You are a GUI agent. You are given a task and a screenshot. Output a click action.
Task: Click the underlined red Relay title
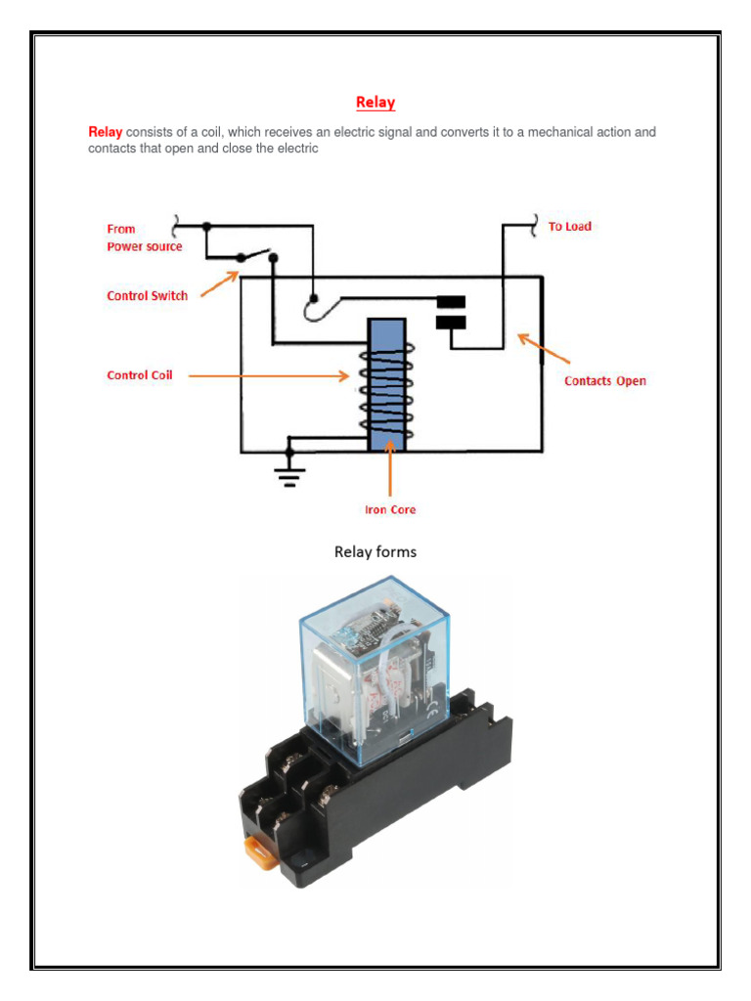[375, 102]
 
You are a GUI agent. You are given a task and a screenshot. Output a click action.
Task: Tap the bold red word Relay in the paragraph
[105, 132]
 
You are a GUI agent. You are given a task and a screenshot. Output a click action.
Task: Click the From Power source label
[144, 238]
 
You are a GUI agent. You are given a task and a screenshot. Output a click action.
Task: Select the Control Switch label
[147, 295]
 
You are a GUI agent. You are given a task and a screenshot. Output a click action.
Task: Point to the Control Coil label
[139, 374]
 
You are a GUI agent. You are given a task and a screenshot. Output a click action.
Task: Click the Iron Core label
[390, 509]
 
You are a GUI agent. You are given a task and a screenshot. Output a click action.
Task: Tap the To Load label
[569, 226]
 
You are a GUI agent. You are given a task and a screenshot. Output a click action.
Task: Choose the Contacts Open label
[605, 380]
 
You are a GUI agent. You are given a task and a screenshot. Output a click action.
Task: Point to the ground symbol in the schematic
[288, 475]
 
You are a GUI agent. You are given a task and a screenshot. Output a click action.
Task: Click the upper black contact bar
[450, 301]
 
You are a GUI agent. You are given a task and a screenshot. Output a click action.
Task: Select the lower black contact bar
[450, 322]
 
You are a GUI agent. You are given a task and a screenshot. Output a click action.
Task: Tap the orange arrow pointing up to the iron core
[390, 469]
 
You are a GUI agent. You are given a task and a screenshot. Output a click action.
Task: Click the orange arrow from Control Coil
[269, 374]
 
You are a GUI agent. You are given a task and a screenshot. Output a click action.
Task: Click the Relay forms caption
[375, 552]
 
